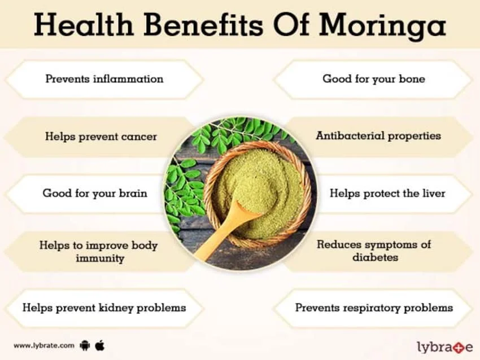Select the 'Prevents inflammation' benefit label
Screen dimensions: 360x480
click(x=104, y=79)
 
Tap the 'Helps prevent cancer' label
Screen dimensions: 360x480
click(x=101, y=137)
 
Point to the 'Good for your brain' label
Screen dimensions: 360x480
click(x=95, y=193)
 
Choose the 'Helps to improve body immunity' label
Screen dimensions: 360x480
click(x=98, y=252)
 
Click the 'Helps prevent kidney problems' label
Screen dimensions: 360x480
click(x=104, y=308)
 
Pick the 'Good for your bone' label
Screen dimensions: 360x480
click(x=374, y=79)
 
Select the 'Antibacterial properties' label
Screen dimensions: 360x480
click(x=378, y=136)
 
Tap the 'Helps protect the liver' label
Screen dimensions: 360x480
click(x=387, y=193)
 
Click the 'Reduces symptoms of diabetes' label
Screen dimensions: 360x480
click(x=374, y=251)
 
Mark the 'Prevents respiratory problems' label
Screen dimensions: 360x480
click(x=374, y=308)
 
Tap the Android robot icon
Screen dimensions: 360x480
click(x=85, y=344)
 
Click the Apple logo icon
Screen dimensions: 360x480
click(x=100, y=344)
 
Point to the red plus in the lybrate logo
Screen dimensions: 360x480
click(x=453, y=345)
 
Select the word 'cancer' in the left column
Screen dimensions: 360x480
click(x=138, y=137)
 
